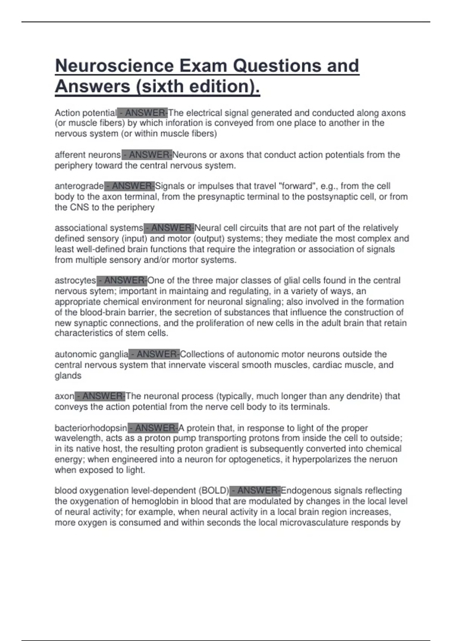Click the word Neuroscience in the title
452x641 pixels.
click(x=115, y=66)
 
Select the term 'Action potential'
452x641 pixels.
click(x=86, y=113)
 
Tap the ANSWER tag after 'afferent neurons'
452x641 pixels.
click(x=147, y=155)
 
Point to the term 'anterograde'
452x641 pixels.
click(x=79, y=186)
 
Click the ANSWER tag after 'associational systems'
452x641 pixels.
click(x=169, y=228)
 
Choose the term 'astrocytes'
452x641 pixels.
click(x=75, y=281)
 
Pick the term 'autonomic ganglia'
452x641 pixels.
click(x=92, y=354)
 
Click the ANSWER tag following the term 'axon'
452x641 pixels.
click(x=100, y=396)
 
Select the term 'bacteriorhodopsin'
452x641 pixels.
click(x=91, y=428)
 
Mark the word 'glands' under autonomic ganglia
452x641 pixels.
click(x=68, y=376)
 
